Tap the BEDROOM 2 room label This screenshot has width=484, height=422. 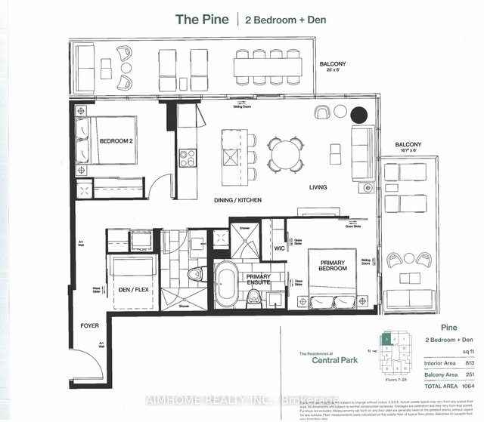pyautogui.click(x=115, y=141)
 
